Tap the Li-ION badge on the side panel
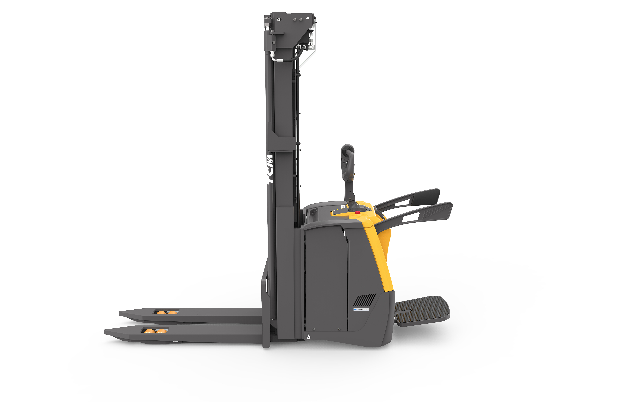(x=361, y=309)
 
